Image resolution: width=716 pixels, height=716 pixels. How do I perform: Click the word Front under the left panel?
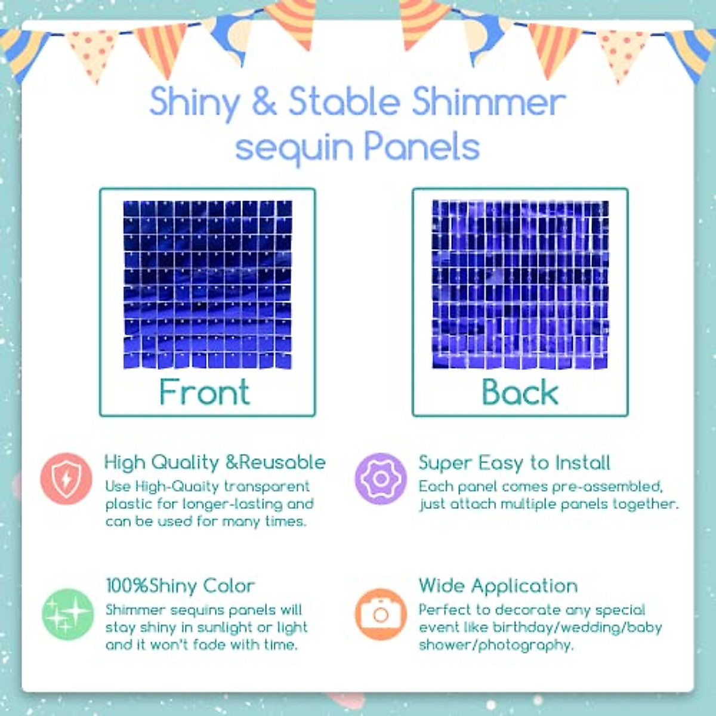coord(205,393)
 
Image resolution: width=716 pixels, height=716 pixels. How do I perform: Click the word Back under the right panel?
coord(520,393)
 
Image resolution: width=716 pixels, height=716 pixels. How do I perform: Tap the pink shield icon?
coord(66,479)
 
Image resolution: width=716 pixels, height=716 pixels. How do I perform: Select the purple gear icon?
coord(380,479)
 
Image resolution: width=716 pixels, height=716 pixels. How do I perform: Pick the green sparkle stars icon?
coord(67,614)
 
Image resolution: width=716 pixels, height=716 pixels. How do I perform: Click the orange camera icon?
coord(380,614)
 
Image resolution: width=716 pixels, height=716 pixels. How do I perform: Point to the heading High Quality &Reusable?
coord(215,462)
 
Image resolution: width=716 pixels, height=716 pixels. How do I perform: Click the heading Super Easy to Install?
coord(514,462)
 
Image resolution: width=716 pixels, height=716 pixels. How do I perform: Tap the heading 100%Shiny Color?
coord(180,585)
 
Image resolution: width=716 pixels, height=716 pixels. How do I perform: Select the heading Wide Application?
coord(498,585)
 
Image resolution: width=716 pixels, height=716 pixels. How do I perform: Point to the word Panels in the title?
coord(421,146)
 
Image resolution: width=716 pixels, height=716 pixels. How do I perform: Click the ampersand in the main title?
coord(264,101)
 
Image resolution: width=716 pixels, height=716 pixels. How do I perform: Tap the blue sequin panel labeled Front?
coord(208,285)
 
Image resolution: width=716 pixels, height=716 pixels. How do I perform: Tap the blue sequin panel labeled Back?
coord(520,285)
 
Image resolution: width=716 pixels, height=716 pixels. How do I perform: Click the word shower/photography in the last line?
coord(495,645)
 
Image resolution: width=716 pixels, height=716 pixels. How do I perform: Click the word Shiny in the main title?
coord(195,103)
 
